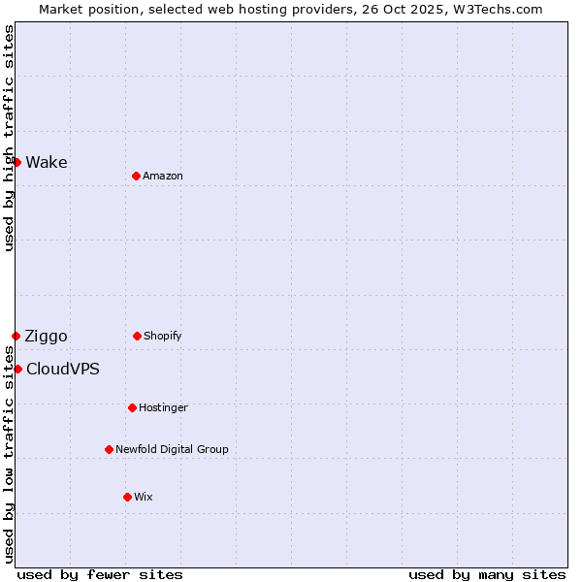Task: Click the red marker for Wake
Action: [x=16, y=162]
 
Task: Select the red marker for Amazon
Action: [x=136, y=176]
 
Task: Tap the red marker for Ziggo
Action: [x=16, y=336]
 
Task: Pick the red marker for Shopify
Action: [x=137, y=336]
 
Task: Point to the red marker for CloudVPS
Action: [x=17, y=369]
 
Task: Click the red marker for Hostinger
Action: [x=132, y=407]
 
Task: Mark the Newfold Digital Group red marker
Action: [x=109, y=449]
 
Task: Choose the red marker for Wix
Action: [x=127, y=497]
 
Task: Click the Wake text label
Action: [x=47, y=162]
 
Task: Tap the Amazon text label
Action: [x=163, y=176]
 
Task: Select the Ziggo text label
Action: [x=47, y=336]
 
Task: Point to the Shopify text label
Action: [x=163, y=336]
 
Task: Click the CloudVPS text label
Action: [x=63, y=369]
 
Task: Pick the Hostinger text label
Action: [x=163, y=407]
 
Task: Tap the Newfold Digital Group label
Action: [x=172, y=449]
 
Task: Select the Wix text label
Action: [x=144, y=497]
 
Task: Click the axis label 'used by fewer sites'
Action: [x=100, y=574]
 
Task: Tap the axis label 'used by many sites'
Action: [x=487, y=574]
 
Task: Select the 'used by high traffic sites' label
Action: [x=9, y=138]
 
